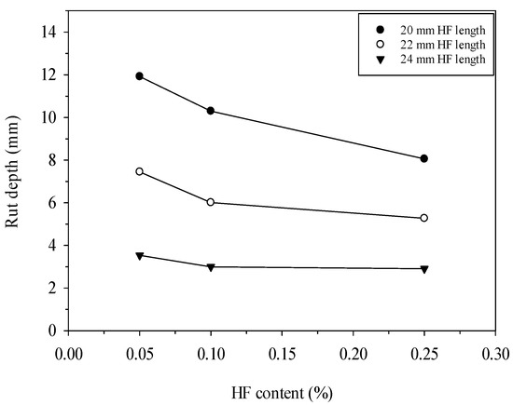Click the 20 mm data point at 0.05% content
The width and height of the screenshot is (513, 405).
tap(140, 75)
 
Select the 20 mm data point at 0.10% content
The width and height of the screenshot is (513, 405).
tap(211, 111)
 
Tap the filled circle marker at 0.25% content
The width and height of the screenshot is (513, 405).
tap(424, 158)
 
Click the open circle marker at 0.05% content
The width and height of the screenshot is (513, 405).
tap(140, 171)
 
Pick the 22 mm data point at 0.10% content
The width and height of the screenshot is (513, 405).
tap(211, 202)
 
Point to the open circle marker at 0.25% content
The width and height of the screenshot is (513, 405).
tap(424, 218)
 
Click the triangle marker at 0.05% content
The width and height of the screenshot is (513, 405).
tap(140, 255)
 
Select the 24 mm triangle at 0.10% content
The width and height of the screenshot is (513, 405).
tap(211, 267)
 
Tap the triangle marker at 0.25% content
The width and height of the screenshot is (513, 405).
tap(424, 269)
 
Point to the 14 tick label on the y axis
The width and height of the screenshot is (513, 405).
tap(48, 32)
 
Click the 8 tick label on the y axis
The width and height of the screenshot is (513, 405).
tap(51, 160)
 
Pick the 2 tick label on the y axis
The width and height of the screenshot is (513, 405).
tap(51, 289)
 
